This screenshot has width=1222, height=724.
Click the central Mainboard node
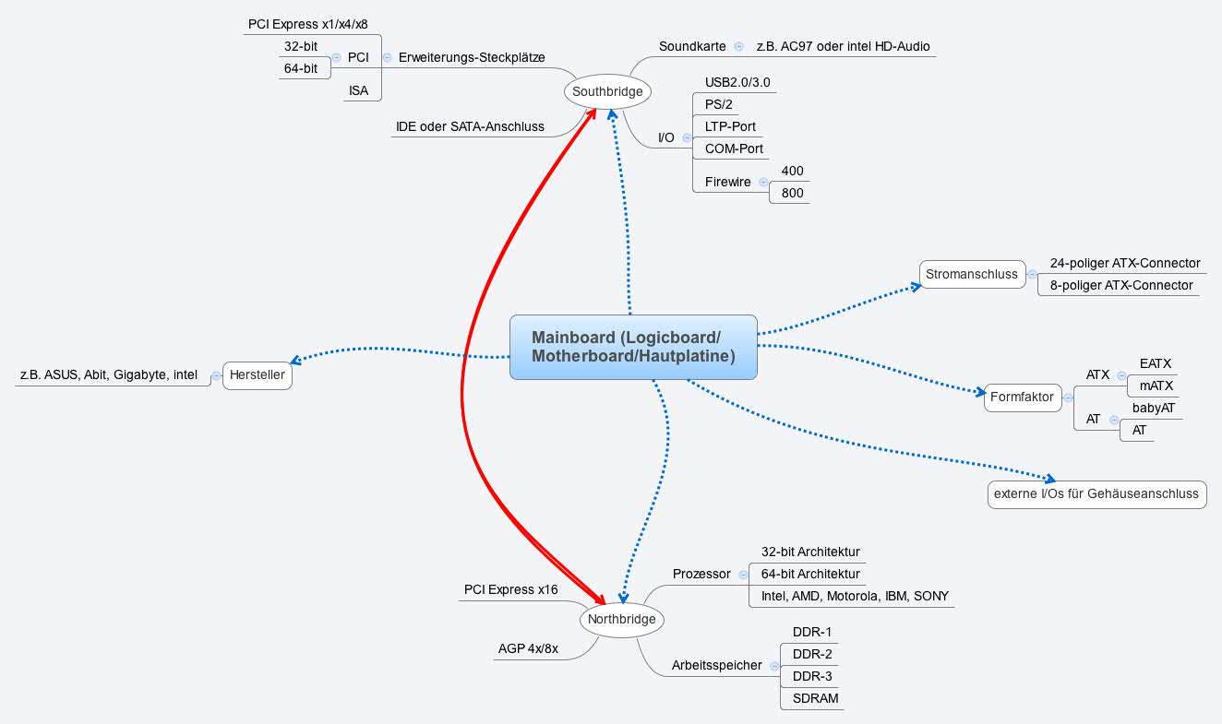633,347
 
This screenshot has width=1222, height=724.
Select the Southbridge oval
606,91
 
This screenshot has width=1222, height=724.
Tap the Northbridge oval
621,619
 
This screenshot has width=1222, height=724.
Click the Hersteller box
258,375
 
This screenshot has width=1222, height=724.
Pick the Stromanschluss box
972,274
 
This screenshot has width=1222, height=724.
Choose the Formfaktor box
1022,398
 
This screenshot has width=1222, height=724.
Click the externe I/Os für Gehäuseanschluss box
1096,493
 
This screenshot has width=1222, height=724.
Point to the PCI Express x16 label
510,589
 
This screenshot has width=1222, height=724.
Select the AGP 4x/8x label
528,649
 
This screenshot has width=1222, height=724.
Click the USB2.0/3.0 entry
737,83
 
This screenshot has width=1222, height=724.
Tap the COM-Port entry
734,148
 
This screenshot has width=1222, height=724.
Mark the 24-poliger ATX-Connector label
1124,263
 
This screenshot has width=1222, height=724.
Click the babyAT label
1154,409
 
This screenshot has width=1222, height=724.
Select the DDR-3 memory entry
812,676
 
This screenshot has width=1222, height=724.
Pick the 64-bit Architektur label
809,574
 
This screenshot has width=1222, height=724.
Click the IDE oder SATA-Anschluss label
470,126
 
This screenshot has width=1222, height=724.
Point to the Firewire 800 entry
792,193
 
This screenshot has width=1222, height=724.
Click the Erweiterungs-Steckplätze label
472,57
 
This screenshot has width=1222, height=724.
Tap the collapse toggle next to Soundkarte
738,46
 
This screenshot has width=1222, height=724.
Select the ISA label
359,90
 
